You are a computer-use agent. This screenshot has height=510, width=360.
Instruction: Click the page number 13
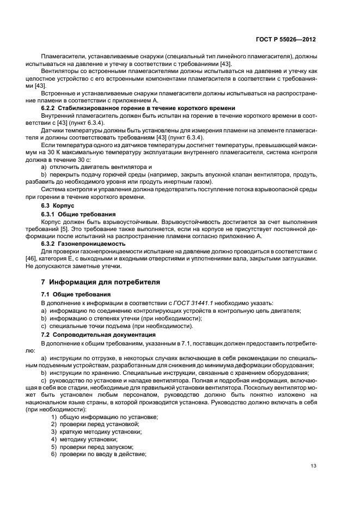tap(313, 466)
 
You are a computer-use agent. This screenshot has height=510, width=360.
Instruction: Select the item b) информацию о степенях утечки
tap(121, 318)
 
